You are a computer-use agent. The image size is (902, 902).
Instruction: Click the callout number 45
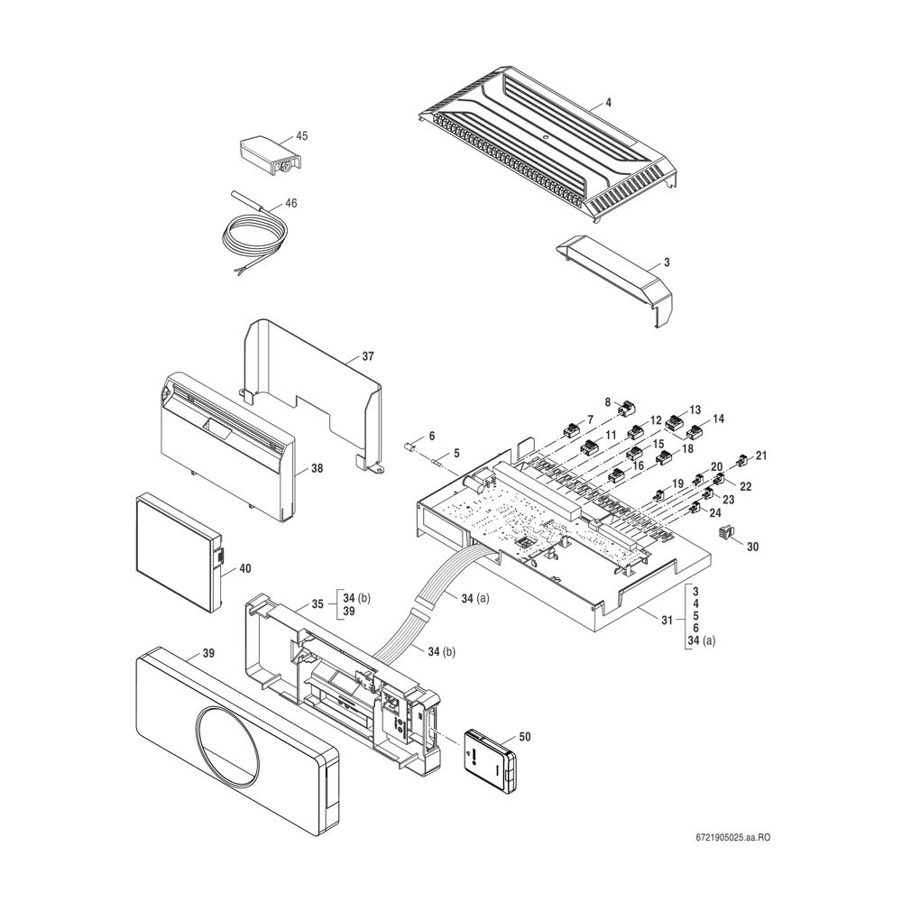[x=301, y=136]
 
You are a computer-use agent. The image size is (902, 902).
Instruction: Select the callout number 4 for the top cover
[x=608, y=104]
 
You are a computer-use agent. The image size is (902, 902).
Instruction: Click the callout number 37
[x=367, y=357]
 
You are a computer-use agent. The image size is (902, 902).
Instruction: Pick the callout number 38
[x=317, y=468]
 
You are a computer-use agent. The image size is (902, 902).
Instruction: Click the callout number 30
[x=752, y=546]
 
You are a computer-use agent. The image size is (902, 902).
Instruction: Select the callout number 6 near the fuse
[x=431, y=436]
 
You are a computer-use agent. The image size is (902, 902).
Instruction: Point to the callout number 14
[x=718, y=419]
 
